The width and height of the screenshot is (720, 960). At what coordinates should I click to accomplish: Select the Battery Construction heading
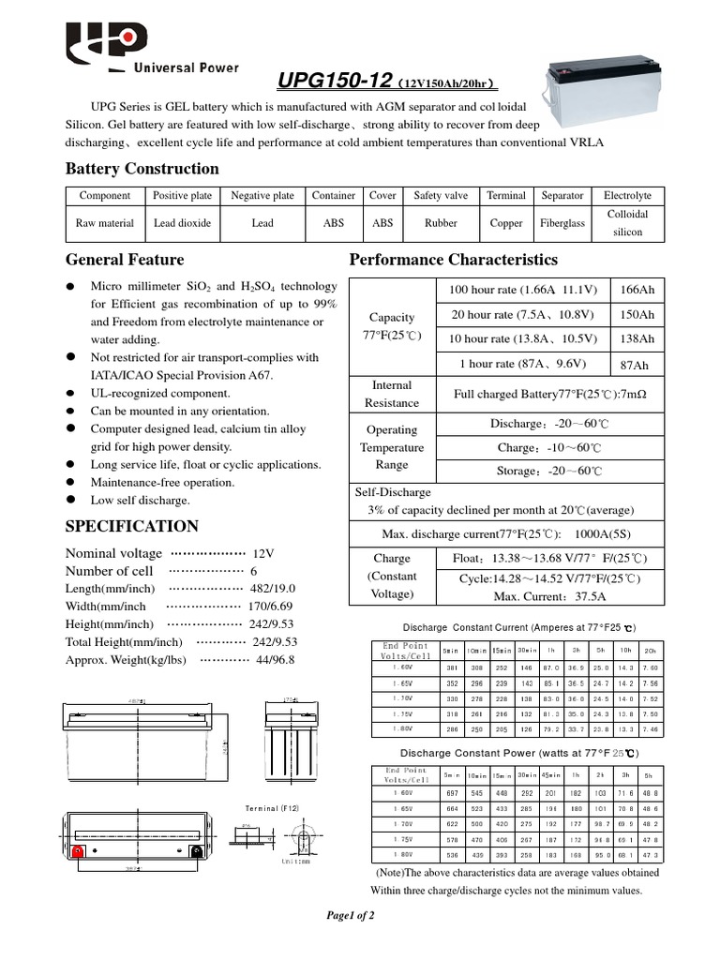pos(142,169)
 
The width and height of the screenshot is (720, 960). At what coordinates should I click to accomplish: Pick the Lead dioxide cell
pos(183,223)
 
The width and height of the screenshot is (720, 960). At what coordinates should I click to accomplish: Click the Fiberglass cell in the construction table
pos(562,223)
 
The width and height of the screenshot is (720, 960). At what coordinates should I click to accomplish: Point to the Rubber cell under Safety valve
pos(441,223)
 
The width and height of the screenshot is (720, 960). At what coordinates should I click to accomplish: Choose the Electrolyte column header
pos(627,196)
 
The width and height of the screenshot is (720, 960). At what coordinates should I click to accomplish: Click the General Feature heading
pos(125,260)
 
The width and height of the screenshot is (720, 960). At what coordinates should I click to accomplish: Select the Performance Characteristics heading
pos(453,260)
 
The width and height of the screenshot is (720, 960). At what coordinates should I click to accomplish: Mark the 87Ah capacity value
pos(635,365)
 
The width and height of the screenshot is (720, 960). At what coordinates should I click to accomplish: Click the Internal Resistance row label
pos(392,394)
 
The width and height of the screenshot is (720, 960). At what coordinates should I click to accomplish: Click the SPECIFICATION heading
pos(132,526)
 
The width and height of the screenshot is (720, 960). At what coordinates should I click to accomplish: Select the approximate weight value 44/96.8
pos(274,659)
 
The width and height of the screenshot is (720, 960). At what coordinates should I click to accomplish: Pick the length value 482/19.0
pos(274,588)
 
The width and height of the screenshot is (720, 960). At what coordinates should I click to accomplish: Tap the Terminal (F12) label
pos(274,807)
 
